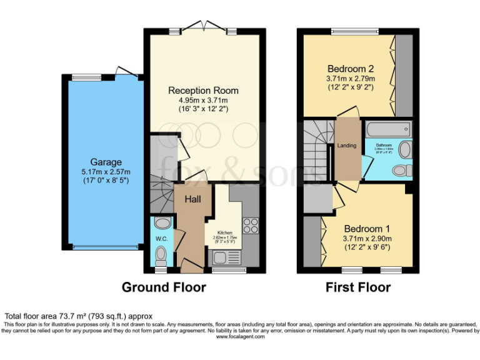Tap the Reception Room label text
click(x=203, y=91)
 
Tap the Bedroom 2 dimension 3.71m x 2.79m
click(x=350, y=79)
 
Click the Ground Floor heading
click(x=163, y=287)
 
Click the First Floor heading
click(x=358, y=287)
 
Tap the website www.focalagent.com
click(x=240, y=336)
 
